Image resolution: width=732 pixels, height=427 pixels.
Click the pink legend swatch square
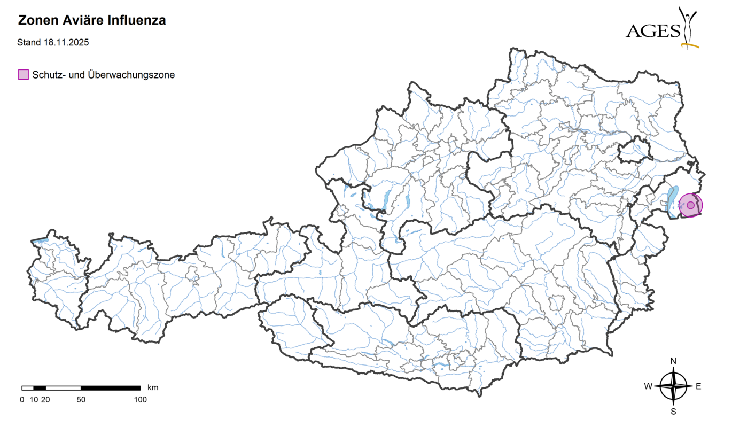coord(23,75)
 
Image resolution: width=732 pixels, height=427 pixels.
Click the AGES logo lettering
coord(652,31)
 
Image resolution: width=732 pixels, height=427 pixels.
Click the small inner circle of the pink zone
coord(690,205)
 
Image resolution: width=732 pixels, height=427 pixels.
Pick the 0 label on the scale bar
coord(22,399)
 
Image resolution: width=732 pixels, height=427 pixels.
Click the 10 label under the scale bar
coord(34,399)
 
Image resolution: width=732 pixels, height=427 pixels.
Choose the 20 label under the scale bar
coord(45,399)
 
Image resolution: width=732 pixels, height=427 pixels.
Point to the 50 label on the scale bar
coord(81,399)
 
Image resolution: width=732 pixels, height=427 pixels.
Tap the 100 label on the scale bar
coord(140,399)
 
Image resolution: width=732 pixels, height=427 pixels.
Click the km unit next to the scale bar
coord(153,387)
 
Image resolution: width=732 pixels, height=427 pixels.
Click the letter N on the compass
coord(673,361)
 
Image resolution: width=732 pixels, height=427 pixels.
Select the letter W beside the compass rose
coord(648,386)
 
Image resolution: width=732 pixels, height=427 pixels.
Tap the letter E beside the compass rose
coord(698,386)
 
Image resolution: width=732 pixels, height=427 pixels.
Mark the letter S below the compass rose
coord(673,412)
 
